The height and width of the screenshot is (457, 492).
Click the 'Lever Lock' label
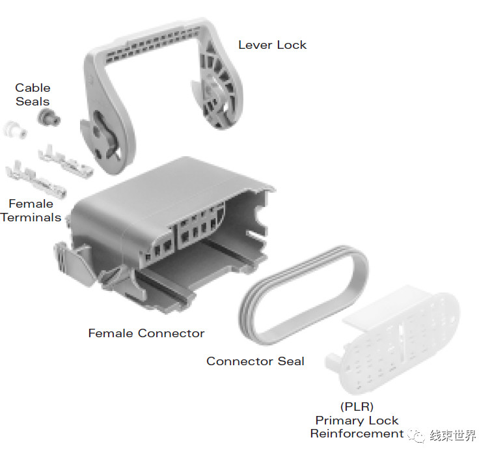click(272, 45)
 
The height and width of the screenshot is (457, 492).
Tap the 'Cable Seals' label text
click(33, 94)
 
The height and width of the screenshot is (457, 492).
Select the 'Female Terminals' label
click(31, 211)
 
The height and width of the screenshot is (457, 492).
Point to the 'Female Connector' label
click(146, 333)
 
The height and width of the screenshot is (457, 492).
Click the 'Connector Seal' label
click(255, 361)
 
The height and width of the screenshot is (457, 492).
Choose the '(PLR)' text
click(357, 406)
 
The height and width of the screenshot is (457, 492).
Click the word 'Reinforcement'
click(357, 434)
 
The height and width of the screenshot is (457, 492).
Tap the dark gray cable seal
click(49, 117)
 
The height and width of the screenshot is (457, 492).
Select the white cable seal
click(14, 130)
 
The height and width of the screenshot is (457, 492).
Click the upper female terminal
click(65, 161)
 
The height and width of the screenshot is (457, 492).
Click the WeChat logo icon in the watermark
click(417, 436)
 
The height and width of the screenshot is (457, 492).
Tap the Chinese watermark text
click(452, 436)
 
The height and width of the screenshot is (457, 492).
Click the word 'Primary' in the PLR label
click(339, 421)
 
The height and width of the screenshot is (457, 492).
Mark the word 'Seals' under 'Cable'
click(33, 102)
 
